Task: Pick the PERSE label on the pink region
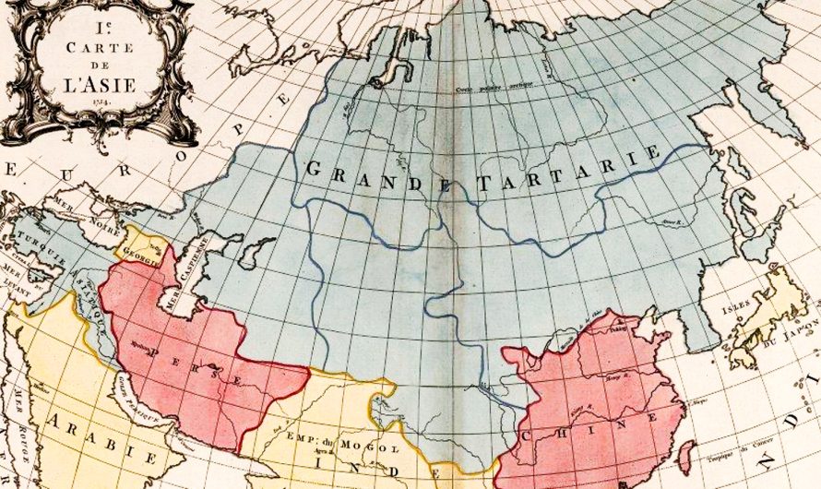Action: click(x=197, y=363)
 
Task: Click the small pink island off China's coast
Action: click(x=686, y=456)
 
